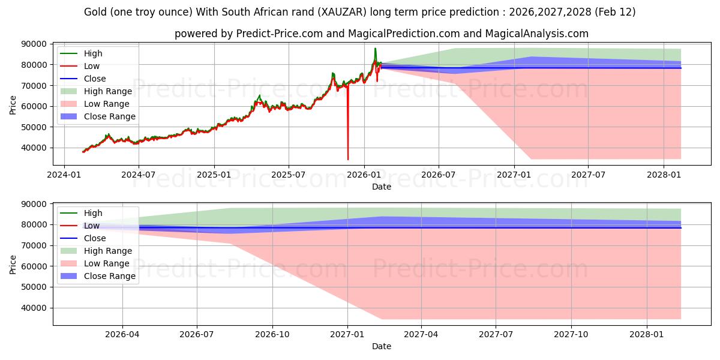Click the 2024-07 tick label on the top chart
click(139, 174)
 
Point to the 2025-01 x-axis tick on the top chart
click(214, 174)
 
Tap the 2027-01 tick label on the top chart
click(514, 174)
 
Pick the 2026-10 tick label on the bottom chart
click(272, 334)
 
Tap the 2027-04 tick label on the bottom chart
click(421, 334)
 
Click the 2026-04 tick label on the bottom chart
click(122, 334)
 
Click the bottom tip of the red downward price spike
click(348, 160)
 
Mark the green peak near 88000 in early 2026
click(376, 49)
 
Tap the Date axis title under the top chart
click(382, 187)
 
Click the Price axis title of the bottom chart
click(13, 264)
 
